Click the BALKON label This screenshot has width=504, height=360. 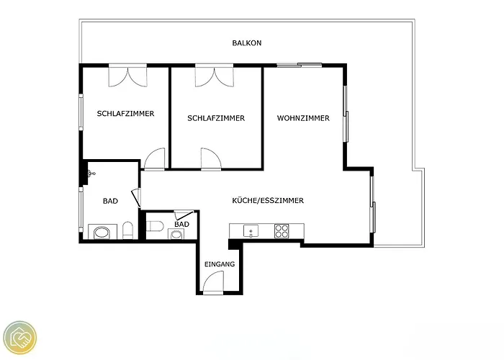[x=246, y=42]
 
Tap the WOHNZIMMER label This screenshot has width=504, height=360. [x=303, y=118]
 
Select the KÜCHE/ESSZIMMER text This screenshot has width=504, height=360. [x=268, y=201]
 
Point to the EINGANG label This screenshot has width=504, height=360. [x=220, y=264]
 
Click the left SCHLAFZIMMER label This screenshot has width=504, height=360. [x=126, y=114]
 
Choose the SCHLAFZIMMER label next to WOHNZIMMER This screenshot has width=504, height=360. [x=216, y=118]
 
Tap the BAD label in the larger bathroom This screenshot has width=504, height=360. [x=110, y=201]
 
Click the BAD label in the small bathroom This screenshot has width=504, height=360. [x=181, y=224]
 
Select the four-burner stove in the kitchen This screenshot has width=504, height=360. [x=282, y=231]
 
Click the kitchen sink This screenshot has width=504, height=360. [x=251, y=231]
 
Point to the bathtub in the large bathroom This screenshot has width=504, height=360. [x=101, y=233]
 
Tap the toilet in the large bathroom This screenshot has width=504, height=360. [x=128, y=230]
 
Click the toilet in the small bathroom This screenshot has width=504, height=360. [x=155, y=226]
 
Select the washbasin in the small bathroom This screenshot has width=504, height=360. [x=176, y=234]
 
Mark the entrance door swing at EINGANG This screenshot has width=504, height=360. [x=213, y=282]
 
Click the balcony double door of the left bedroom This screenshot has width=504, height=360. [x=127, y=76]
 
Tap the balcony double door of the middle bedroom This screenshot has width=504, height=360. [x=214, y=76]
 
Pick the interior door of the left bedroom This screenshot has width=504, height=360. [x=155, y=158]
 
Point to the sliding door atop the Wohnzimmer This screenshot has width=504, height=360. [x=300, y=66]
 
